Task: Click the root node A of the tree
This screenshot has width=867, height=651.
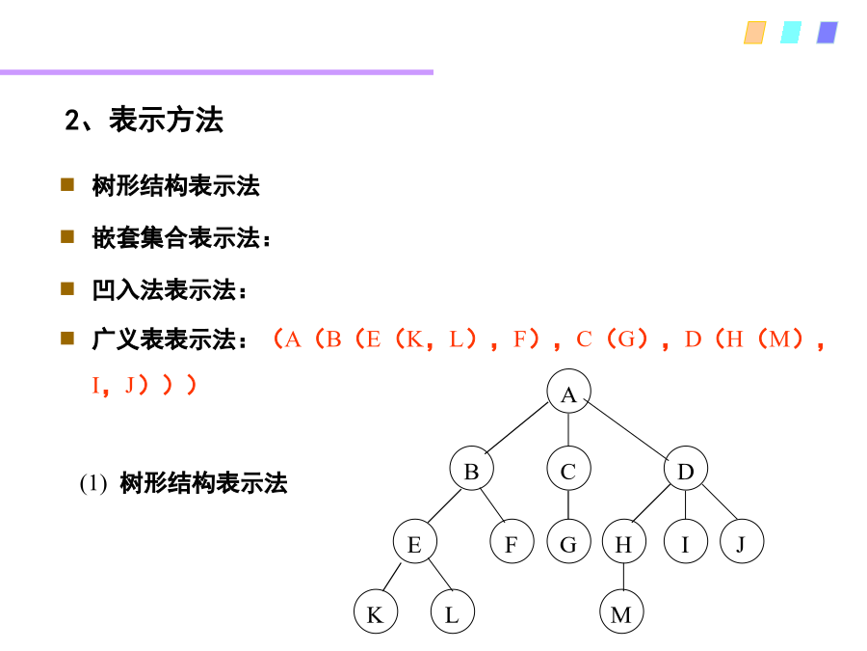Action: tap(568, 392)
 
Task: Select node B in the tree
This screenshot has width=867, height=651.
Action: tap(472, 469)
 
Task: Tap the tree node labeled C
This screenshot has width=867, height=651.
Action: tap(568, 469)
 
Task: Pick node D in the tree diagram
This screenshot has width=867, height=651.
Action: tap(686, 469)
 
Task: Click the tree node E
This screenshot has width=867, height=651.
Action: tap(414, 541)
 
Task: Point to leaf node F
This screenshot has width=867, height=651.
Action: tap(512, 541)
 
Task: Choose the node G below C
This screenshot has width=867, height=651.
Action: tap(568, 541)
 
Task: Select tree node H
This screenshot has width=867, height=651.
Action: tap(623, 541)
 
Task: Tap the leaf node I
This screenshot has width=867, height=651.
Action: tap(686, 541)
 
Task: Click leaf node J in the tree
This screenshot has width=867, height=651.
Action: tap(742, 541)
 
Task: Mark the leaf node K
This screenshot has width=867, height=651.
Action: tap(376, 611)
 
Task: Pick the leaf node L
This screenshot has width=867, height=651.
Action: tap(453, 611)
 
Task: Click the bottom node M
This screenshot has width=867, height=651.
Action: tap(621, 611)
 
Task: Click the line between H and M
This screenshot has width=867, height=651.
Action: tap(623, 577)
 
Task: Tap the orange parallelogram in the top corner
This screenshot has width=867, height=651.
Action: tap(754, 33)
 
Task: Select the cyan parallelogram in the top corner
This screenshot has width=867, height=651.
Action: tap(791, 33)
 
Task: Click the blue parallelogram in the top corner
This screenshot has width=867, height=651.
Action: tap(828, 33)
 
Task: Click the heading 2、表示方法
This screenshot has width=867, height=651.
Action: tap(144, 120)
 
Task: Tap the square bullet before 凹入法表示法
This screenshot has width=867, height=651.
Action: tap(67, 288)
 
